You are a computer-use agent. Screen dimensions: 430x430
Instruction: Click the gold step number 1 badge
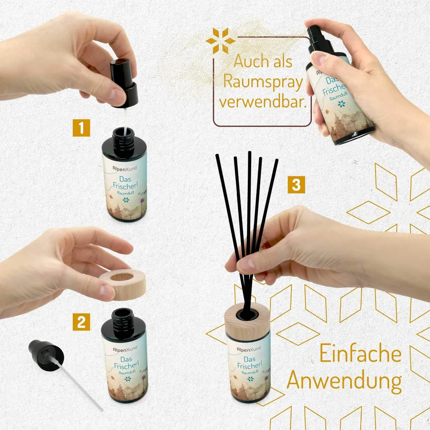pyautogui.click(x=81, y=128)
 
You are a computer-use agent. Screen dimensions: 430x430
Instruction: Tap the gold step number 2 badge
pyautogui.click(x=81, y=322)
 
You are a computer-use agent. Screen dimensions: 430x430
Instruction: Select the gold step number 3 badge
pyautogui.click(x=296, y=185)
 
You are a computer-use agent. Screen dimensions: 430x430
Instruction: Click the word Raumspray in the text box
pyautogui.click(x=263, y=81)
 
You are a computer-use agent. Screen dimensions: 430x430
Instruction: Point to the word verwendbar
pyautogui.click(x=262, y=102)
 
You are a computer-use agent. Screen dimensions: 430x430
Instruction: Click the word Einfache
pyautogui.click(x=360, y=354)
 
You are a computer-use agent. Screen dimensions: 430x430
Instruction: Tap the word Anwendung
pyautogui.click(x=344, y=381)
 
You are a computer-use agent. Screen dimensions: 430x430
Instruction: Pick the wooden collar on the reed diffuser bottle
pyautogui.click(x=247, y=321)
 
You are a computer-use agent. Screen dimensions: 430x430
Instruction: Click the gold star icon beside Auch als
pyautogui.click(x=220, y=41)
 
